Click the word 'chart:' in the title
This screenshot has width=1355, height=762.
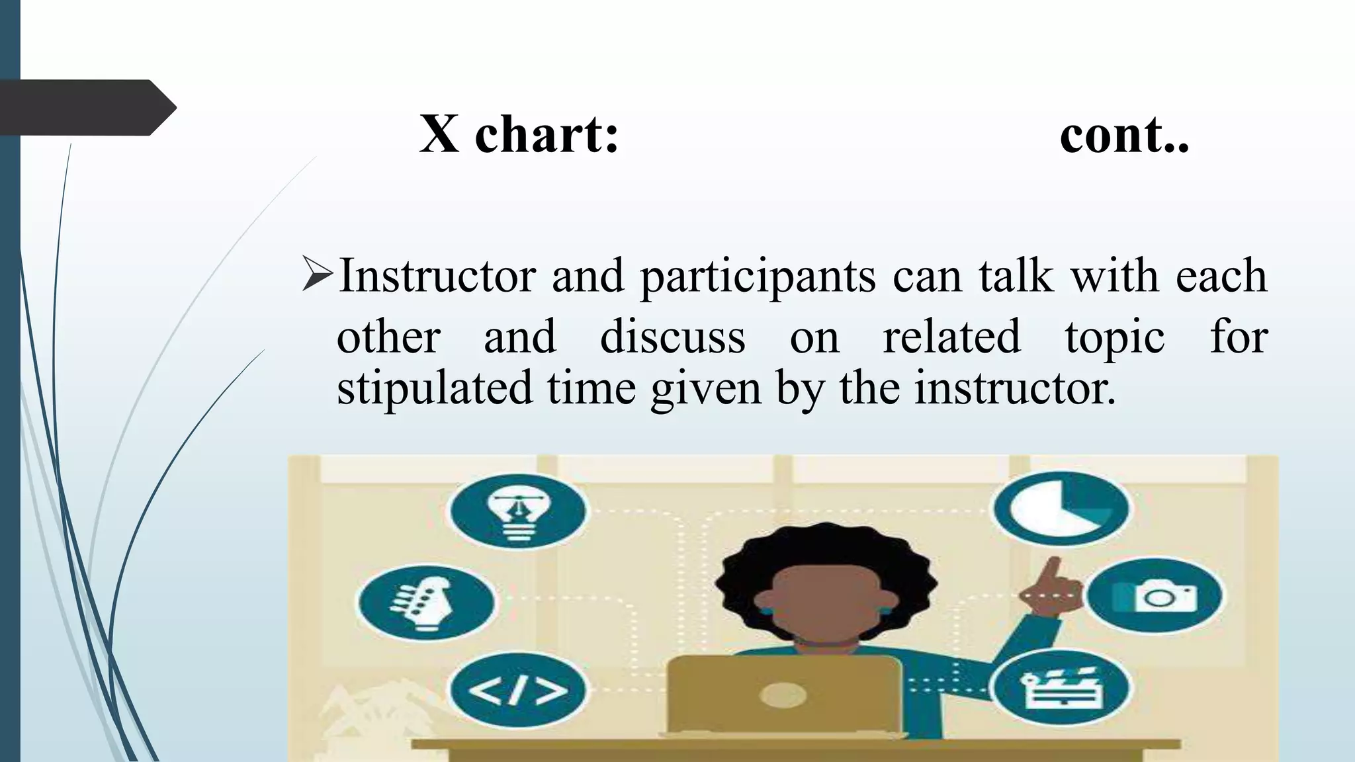pos(546,135)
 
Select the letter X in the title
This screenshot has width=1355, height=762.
pos(439,135)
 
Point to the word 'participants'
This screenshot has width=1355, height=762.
pos(758,277)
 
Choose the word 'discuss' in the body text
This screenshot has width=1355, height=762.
pos(672,337)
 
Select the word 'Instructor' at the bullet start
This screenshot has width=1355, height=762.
pos(437,276)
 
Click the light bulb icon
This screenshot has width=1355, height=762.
pos(518,511)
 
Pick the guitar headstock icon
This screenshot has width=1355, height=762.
pos(426,601)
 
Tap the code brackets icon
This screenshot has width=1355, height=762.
pos(518,690)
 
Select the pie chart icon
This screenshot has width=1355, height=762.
pos(1061,508)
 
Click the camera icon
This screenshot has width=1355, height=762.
pos(1154,596)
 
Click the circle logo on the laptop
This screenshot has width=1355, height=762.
pos(783,695)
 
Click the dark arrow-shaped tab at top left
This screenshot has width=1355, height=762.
pos(86,107)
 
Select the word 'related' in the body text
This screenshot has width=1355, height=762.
pos(951,337)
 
